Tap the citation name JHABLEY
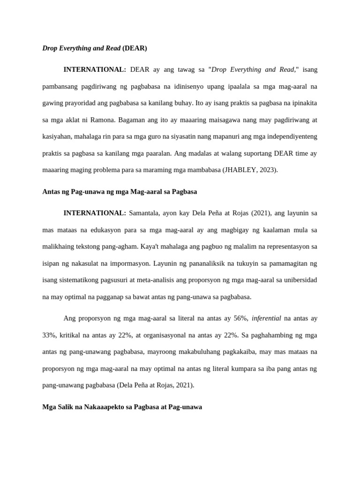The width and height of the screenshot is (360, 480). click(x=240, y=170)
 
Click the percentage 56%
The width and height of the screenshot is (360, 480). click(x=240, y=318)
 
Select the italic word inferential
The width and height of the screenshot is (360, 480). click(x=266, y=318)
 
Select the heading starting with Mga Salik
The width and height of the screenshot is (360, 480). click(x=122, y=407)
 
